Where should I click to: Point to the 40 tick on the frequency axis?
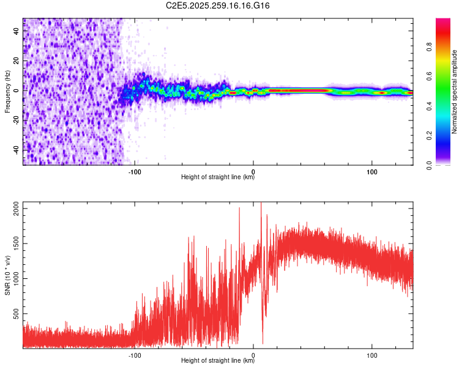point(17,30)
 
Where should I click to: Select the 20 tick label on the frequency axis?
point(17,60)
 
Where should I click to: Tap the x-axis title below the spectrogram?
point(218,177)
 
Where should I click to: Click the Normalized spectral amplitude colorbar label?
point(455,92)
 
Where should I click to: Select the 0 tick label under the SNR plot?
point(253,354)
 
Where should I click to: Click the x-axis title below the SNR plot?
point(218,361)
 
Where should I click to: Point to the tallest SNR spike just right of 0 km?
point(261,204)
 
